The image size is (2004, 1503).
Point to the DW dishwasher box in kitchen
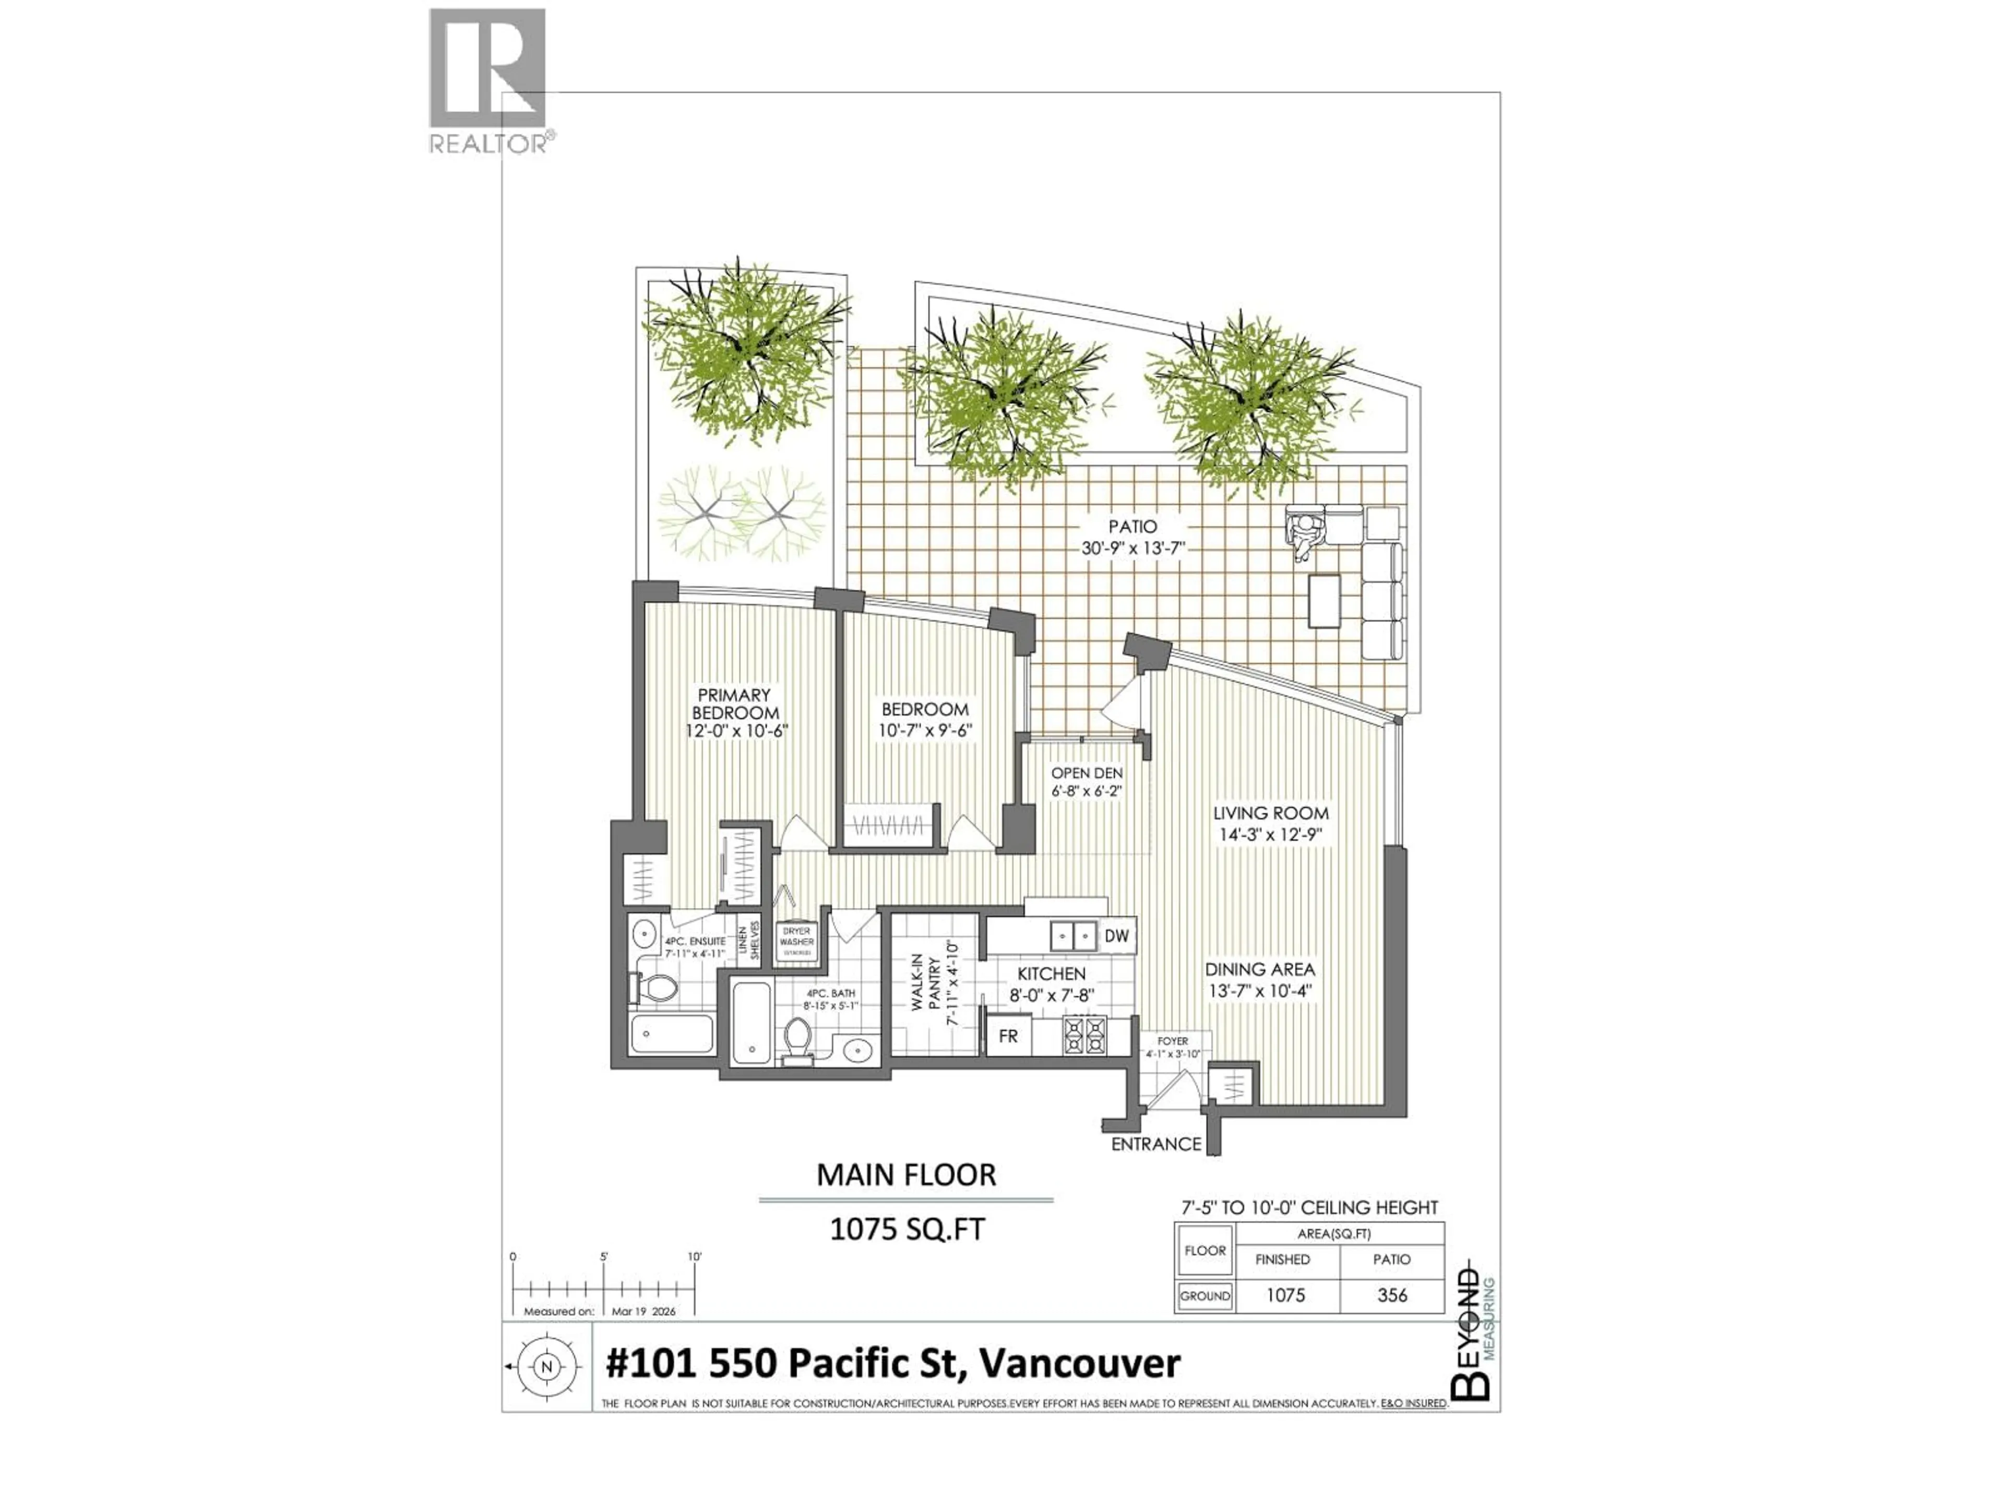pyautogui.click(x=1117, y=936)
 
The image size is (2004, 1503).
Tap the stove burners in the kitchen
pyautogui.click(x=1085, y=1035)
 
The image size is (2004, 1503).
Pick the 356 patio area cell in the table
pyautogui.click(x=1391, y=1295)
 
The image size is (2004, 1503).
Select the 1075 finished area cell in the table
pyautogui.click(x=1285, y=1295)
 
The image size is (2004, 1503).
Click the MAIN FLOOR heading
pyautogui.click(x=906, y=1175)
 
